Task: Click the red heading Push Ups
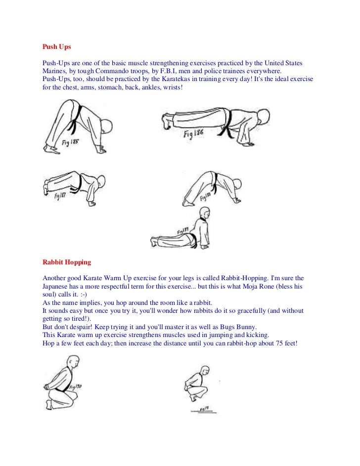56,47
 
